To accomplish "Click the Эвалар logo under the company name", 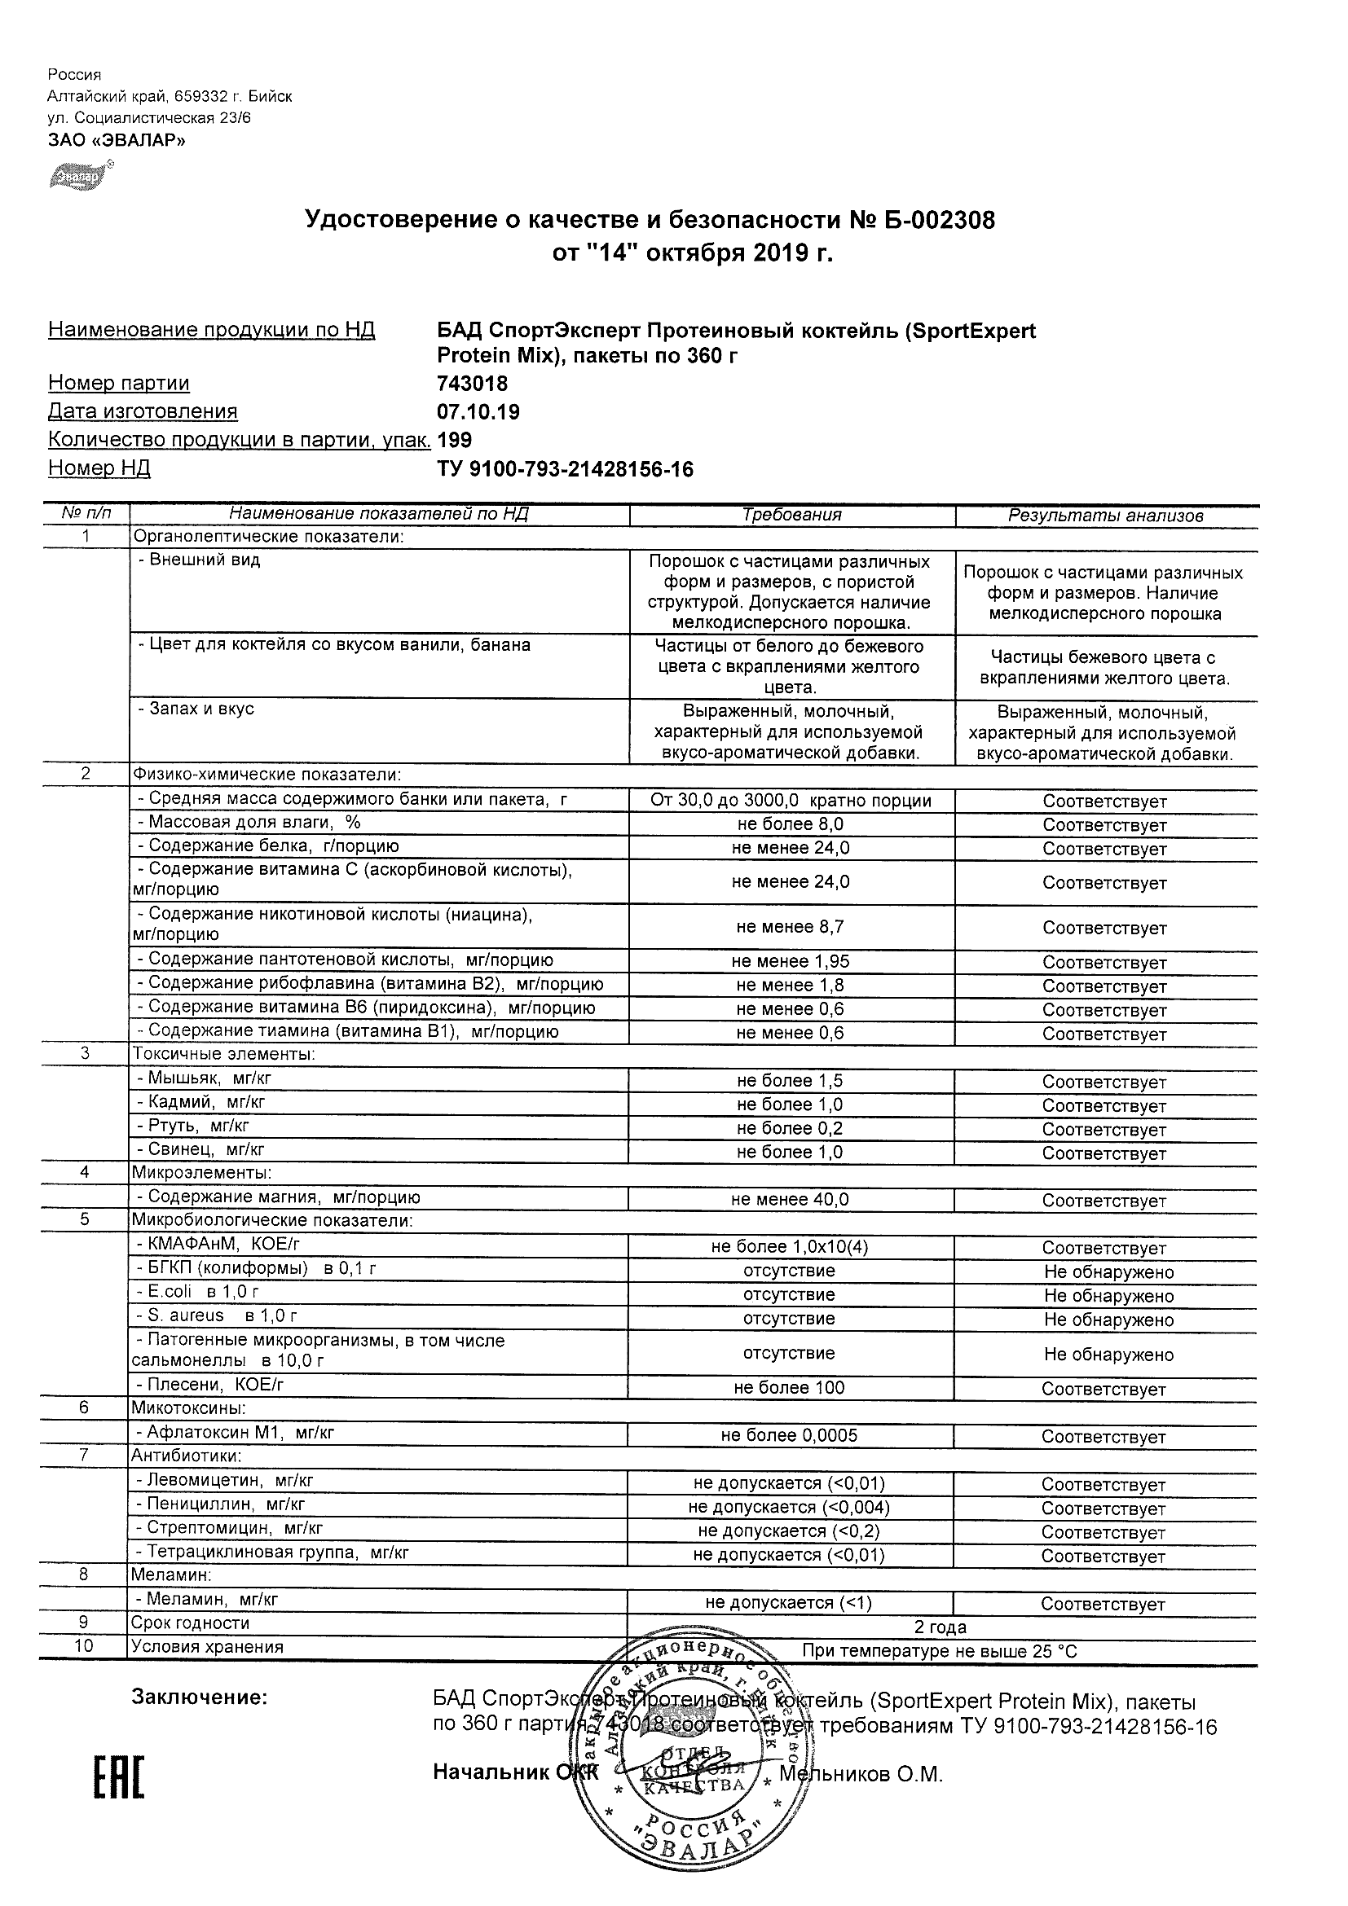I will click(x=80, y=174).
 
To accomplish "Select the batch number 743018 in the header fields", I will click(x=472, y=384).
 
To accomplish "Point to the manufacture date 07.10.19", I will click(x=478, y=412).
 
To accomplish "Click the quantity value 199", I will click(x=454, y=440).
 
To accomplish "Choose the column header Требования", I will click(x=791, y=515).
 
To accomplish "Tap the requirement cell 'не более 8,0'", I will click(x=790, y=823).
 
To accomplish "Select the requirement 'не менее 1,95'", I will click(x=790, y=961).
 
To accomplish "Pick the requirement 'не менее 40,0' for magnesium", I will click(x=790, y=1199).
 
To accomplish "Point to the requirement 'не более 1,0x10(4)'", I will click(x=790, y=1247).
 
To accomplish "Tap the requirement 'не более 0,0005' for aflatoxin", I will click(x=789, y=1435).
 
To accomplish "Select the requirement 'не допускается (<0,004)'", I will click(x=789, y=1507).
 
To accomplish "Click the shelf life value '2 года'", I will click(x=941, y=1627).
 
